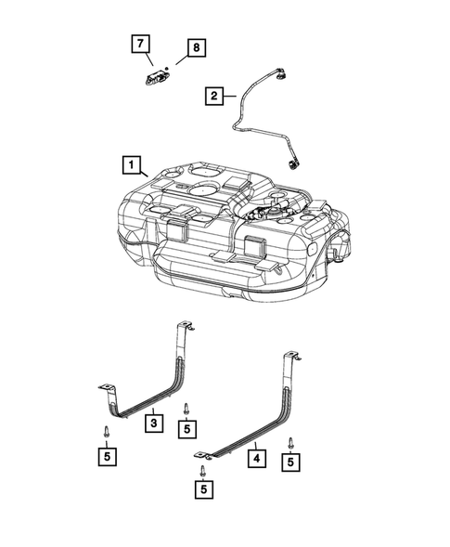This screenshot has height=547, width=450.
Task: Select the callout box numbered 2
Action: (214, 95)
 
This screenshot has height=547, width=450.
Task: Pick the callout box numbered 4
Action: (254, 457)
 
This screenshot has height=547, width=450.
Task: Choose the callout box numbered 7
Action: (139, 43)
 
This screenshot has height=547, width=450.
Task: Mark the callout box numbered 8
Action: (196, 47)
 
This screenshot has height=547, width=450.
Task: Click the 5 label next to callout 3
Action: (187, 428)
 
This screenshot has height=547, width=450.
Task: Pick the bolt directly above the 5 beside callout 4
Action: (292, 443)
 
